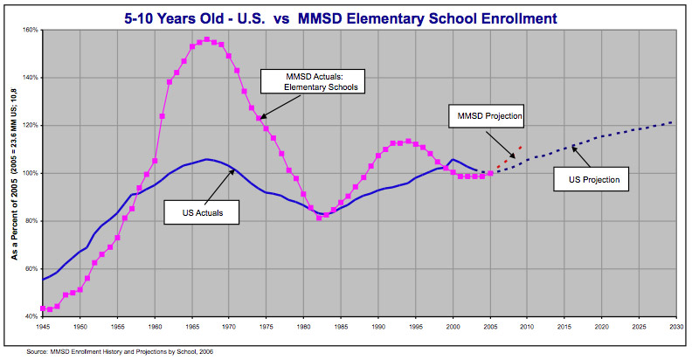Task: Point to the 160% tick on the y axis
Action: [x=31, y=30]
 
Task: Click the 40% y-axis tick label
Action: [x=32, y=315]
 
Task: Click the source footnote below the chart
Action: [x=121, y=350]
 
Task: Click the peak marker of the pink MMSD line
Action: [x=206, y=39]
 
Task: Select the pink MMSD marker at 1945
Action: [x=43, y=308]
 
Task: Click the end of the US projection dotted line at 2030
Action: [x=673, y=122]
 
